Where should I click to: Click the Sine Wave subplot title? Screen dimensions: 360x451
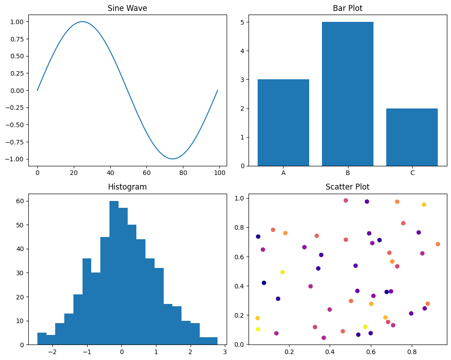click(127, 8)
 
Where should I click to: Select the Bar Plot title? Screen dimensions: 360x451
click(347, 8)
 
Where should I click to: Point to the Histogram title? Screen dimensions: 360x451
click(127, 187)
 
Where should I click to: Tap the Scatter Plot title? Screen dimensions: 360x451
click(347, 187)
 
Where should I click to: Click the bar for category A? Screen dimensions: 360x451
click(283, 123)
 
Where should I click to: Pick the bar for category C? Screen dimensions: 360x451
click(412, 137)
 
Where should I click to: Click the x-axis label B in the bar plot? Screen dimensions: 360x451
click(347, 173)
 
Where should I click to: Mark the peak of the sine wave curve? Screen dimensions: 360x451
click(82, 21)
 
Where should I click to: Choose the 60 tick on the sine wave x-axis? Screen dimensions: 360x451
click(147, 173)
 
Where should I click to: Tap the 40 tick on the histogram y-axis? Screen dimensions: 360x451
click(21, 249)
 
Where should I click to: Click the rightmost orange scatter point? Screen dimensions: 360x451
click(438, 244)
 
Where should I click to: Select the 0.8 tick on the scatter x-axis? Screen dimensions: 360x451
click(412, 352)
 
